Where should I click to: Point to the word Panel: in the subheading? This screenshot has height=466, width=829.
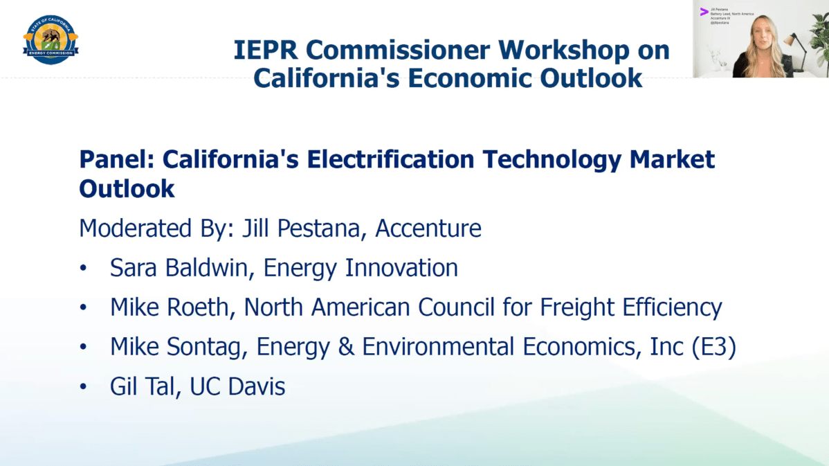point(116,160)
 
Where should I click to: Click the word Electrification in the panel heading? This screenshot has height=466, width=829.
point(390,160)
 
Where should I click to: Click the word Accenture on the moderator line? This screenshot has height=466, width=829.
point(428,228)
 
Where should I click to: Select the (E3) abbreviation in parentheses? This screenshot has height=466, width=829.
point(713,347)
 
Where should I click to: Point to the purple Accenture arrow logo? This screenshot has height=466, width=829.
point(704,11)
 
